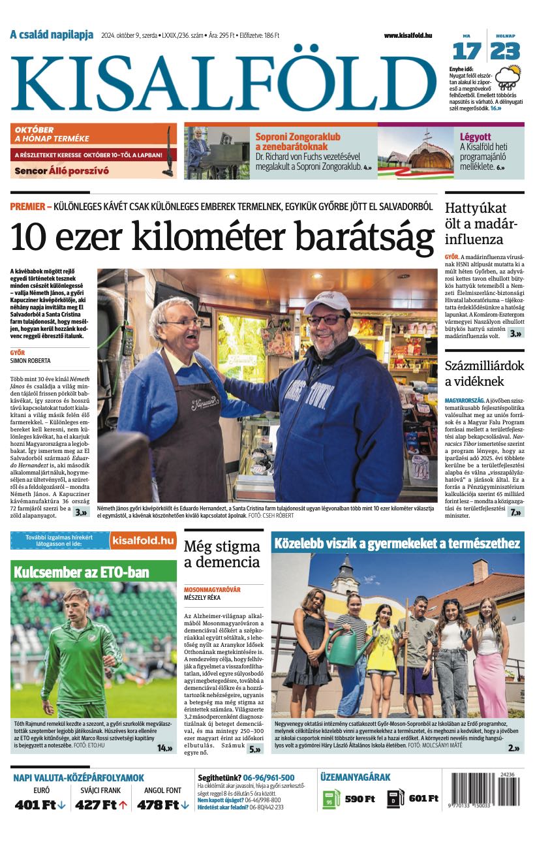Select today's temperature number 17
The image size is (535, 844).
[466, 51]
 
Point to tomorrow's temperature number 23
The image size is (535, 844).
[506, 51]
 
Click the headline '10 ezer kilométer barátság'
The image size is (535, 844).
[222, 238]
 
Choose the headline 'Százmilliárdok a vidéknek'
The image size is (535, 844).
[484, 373]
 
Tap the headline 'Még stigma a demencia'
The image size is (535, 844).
[222, 554]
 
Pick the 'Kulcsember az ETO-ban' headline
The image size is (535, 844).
[82, 572]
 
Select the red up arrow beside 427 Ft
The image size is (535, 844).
[123, 805]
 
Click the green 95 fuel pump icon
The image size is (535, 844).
[331, 799]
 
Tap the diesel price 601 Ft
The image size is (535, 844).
[423, 799]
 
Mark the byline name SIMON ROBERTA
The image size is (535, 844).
[30, 360]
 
